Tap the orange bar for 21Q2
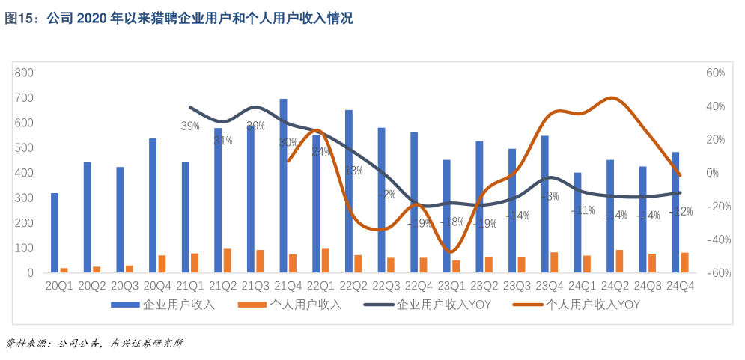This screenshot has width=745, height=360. click(227, 260)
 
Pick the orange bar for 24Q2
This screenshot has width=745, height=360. click(619, 261)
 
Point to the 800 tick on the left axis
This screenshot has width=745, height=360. click(25, 73)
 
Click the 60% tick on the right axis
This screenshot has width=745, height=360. click(715, 73)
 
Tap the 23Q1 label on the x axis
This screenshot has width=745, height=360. click(451, 285)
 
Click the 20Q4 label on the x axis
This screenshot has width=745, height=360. click(157, 285)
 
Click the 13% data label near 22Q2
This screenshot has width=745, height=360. click(353, 171)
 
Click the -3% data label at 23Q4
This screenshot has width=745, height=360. click(550, 196)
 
